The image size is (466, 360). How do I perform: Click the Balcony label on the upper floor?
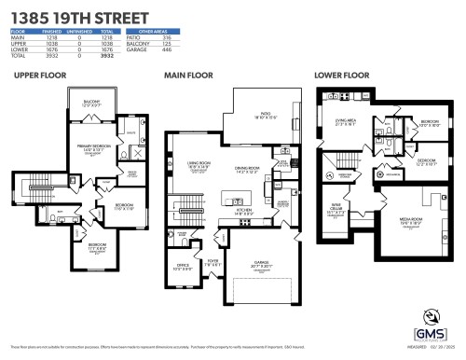[x=90, y=103]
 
